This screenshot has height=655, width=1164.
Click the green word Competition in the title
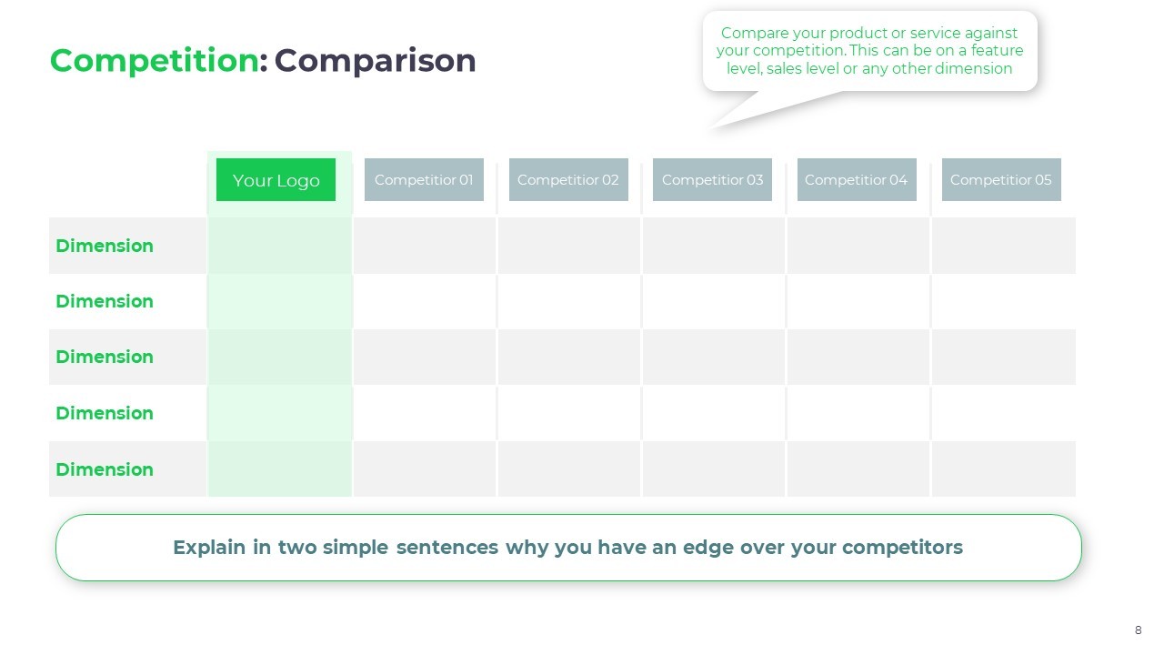point(155,61)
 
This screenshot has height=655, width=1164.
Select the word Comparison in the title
point(375,61)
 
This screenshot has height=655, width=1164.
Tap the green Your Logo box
point(276,180)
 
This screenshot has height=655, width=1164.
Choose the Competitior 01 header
point(424,180)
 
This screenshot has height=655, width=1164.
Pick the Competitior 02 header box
point(568,180)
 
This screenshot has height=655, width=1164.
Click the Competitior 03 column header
point(712,180)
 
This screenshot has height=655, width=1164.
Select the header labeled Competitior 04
point(857,180)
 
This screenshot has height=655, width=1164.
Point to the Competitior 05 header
point(1001,180)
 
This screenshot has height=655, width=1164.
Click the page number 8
point(1138,630)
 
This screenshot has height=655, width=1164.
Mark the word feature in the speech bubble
point(998,50)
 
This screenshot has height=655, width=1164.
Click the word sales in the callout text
point(784,68)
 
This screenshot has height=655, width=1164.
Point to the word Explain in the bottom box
point(209,548)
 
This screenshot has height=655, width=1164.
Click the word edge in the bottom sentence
point(708,549)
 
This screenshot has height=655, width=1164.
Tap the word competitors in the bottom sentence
point(903,548)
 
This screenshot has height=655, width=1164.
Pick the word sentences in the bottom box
point(447,548)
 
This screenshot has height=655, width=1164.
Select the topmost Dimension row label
point(105,246)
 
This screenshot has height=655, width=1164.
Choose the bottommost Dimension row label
point(105,469)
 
